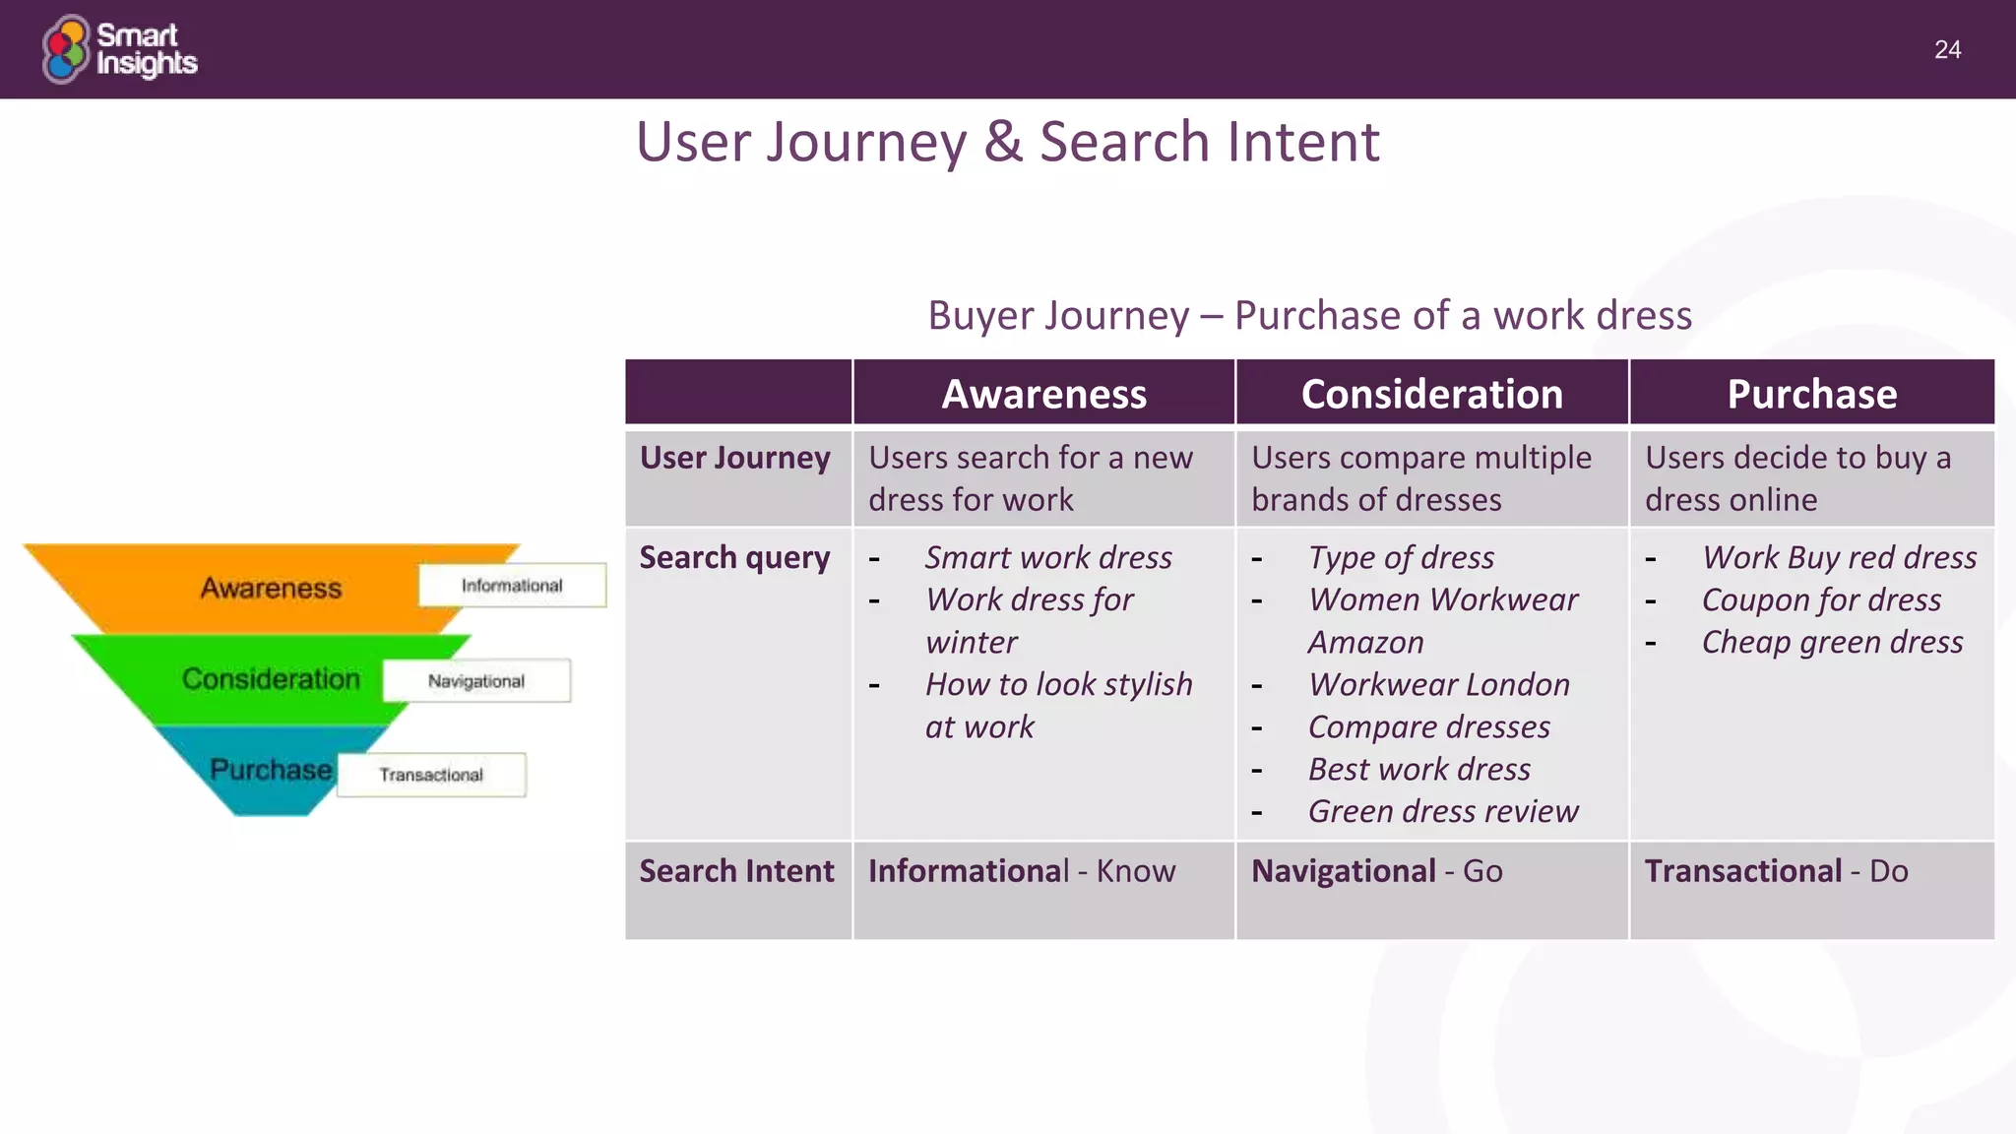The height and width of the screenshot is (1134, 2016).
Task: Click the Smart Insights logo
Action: click(x=119, y=49)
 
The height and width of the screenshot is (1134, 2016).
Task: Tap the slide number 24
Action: click(x=1946, y=50)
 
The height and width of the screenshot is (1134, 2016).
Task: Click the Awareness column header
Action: click(x=1043, y=394)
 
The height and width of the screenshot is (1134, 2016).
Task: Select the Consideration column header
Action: click(x=1431, y=394)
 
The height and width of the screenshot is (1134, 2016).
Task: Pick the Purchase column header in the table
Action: click(x=1811, y=394)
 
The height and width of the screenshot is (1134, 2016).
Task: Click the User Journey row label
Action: click(x=735, y=458)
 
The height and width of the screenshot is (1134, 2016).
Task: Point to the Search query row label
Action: click(x=735, y=557)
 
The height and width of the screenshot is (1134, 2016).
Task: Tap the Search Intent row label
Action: click(x=736, y=871)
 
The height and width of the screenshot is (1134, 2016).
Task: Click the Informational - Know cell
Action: click(x=1022, y=871)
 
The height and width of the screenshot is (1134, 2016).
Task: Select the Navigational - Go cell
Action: click(x=1376, y=871)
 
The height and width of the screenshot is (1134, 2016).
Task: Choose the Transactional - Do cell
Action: click(x=1776, y=871)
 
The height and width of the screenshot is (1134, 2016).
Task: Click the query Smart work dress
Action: click(x=1048, y=557)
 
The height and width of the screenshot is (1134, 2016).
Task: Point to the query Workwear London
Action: click(x=1438, y=684)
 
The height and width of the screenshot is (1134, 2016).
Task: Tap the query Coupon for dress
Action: click(x=1821, y=599)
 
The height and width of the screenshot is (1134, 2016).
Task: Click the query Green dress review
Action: click(x=1443, y=811)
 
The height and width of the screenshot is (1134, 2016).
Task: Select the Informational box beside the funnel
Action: click(x=512, y=586)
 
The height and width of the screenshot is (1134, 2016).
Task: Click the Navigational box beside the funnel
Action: click(x=476, y=681)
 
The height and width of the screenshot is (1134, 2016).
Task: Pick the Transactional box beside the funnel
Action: click(x=431, y=775)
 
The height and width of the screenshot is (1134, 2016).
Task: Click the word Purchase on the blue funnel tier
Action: click(x=271, y=770)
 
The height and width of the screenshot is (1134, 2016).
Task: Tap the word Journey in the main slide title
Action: click(x=866, y=142)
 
